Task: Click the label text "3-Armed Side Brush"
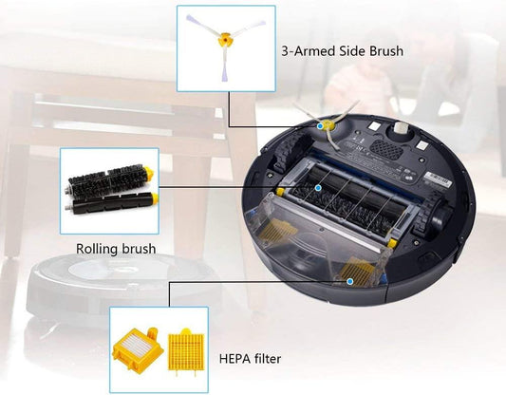coord(343,51)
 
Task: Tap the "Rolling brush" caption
coord(116,249)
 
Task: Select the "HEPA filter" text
coord(250,359)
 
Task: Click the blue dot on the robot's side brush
coord(320,126)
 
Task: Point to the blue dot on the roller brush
coord(318,187)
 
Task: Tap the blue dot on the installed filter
coord(349,281)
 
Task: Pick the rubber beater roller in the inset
coord(112,203)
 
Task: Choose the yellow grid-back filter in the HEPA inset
coord(186,351)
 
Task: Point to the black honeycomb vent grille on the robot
coord(386,149)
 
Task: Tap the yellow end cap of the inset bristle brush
coord(148,173)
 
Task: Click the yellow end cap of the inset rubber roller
coord(155,198)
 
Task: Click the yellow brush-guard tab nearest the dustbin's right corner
coord(392,243)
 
